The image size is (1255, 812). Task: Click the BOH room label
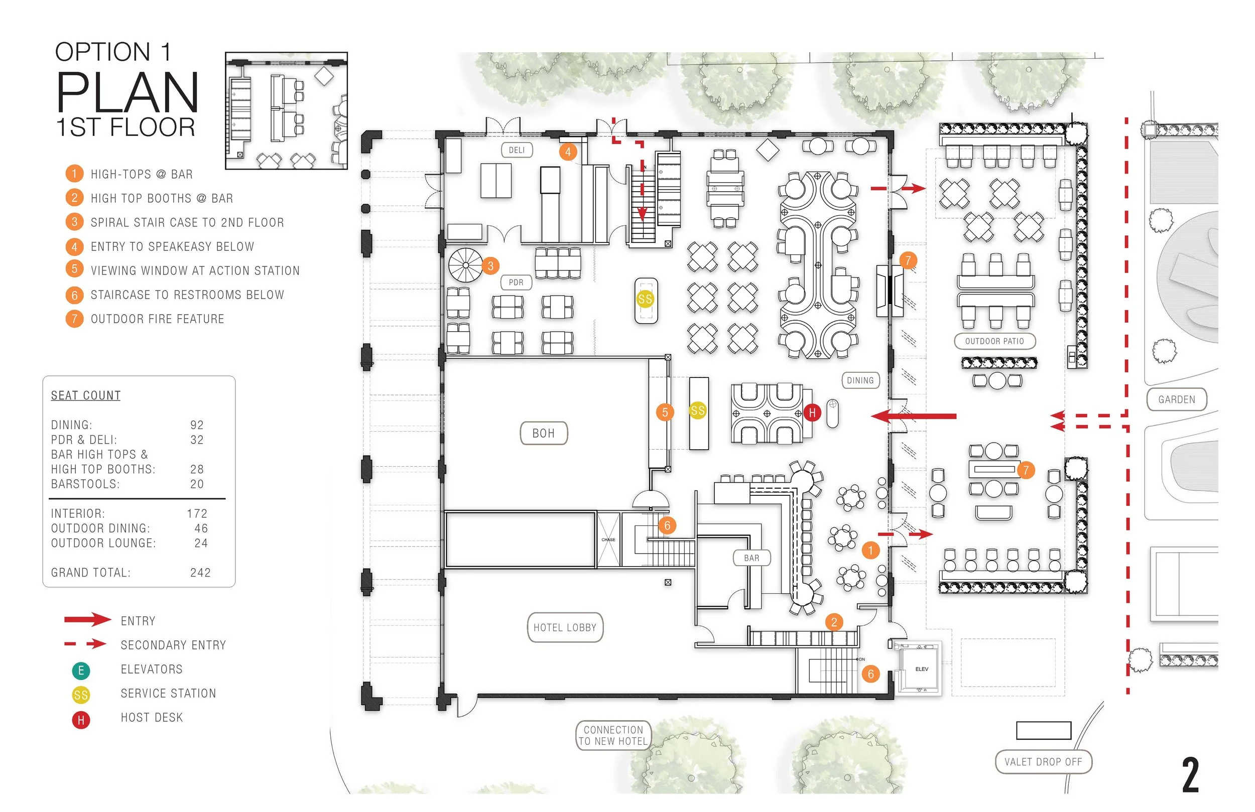pyautogui.click(x=544, y=434)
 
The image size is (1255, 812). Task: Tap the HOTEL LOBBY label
pyautogui.click(x=565, y=627)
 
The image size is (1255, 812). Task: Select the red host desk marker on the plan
pyautogui.click(x=813, y=413)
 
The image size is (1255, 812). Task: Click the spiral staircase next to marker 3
pyautogui.click(x=465, y=265)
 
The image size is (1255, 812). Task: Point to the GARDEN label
pyautogui.click(x=1176, y=399)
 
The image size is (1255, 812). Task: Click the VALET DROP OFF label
pyautogui.click(x=1043, y=762)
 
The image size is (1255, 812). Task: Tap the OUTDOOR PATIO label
pyautogui.click(x=994, y=341)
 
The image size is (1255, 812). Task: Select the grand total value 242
pyautogui.click(x=200, y=573)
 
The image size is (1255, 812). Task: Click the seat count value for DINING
pyautogui.click(x=197, y=425)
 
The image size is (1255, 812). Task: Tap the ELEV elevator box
pyautogui.click(x=921, y=668)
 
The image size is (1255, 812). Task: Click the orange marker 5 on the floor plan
pyautogui.click(x=665, y=413)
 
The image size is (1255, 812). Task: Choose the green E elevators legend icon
pyautogui.click(x=81, y=670)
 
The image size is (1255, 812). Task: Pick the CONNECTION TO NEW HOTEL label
pyautogui.click(x=613, y=736)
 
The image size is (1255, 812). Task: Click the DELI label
pyautogui.click(x=517, y=150)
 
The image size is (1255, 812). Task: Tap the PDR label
pyautogui.click(x=516, y=283)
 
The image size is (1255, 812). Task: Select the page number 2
pyautogui.click(x=1190, y=775)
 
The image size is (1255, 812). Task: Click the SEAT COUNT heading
pyautogui.click(x=86, y=395)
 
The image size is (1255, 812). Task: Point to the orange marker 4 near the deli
pyautogui.click(x=568, y=152)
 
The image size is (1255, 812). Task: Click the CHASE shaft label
pyautogui.click(x=608, y=539)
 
